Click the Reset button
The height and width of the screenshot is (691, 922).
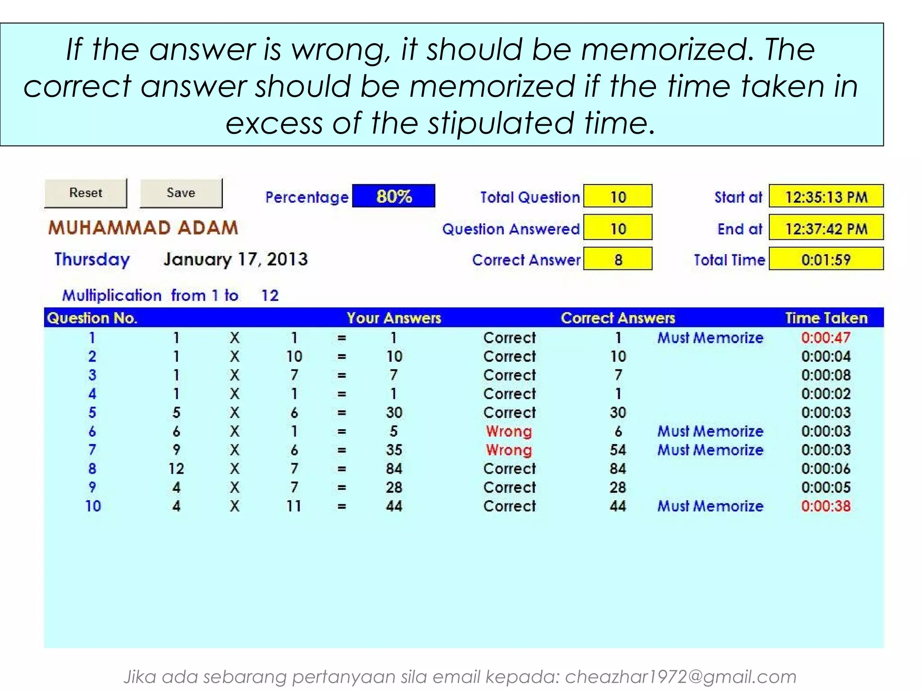tap(86, 193)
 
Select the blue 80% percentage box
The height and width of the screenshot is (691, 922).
tap(393, 196)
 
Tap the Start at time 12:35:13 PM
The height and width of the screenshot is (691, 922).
tap(826, 197)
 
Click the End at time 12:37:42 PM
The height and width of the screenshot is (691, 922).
tap(826, 228)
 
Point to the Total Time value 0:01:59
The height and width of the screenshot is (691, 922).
tap(826, 259)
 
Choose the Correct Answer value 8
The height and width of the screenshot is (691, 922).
tap(618, 259)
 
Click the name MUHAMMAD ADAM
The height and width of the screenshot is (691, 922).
tap(143, 228)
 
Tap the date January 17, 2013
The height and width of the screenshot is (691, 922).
tap(235, 259)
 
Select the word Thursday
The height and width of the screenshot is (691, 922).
tap(92, 259)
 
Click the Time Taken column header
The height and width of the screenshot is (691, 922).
tap(826, 318)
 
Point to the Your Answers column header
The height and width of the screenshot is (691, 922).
tap(394, 318)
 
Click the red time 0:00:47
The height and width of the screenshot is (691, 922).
tap(826, 337)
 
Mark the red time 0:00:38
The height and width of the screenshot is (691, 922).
tap(826, 506)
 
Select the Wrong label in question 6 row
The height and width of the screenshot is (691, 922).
tap(509, 431)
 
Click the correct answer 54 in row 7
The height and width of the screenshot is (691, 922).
tap(618, 450)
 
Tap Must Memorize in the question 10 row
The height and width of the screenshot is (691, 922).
tap(710, 506)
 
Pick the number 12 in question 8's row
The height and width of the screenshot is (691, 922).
tap(176, 469)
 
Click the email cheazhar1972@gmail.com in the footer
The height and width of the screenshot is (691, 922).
tap(680, 677)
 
